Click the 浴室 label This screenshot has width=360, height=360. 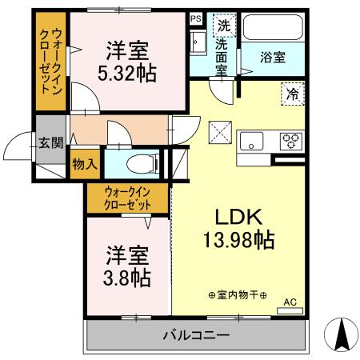click(x=273, y=57)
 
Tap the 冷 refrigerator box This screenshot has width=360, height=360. click(x=293, y=94)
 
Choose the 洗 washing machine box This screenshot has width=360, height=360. click(x=224, y=25)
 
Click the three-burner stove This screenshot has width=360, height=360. click(x=290, y=142)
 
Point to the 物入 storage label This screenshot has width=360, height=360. click(x=84, y=164)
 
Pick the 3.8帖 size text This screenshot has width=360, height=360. click(x=129, y=278)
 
